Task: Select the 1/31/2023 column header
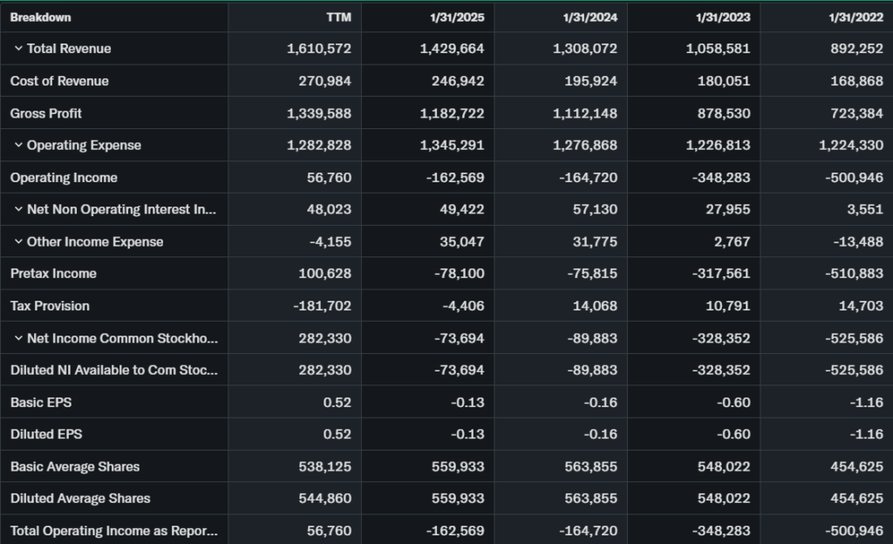pos(723,17)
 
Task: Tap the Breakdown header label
pos(41,17)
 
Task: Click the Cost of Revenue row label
pos(59,81)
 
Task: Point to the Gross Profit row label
pos(46,113)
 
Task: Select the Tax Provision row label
pos(50,306)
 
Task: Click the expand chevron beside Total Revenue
pos(18,49)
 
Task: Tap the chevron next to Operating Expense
pos(18,146)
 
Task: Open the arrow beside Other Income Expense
pos(18,241)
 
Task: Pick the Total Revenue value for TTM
pos(319,49)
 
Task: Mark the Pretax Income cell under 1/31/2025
pos(459,274)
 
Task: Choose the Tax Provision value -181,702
pos(323,306)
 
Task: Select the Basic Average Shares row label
pos(75,466)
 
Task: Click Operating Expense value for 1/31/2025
pos(452,146)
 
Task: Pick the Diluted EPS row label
pos(46,434)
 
